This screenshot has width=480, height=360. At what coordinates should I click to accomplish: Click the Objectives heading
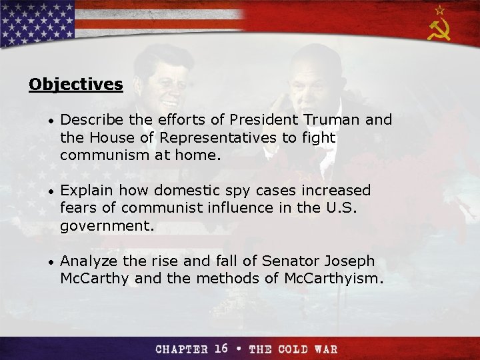(76, 85)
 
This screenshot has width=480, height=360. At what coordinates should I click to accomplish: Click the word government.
(107, 227)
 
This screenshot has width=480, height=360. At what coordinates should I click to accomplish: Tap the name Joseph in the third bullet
(350, 261)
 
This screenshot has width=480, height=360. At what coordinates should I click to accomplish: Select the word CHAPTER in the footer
(181, 349)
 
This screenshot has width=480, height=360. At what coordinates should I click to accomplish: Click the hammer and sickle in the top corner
(439, 30)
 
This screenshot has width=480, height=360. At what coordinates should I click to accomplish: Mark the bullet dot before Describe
(49, 121)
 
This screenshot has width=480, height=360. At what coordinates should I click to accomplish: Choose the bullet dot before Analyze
(49, 261)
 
